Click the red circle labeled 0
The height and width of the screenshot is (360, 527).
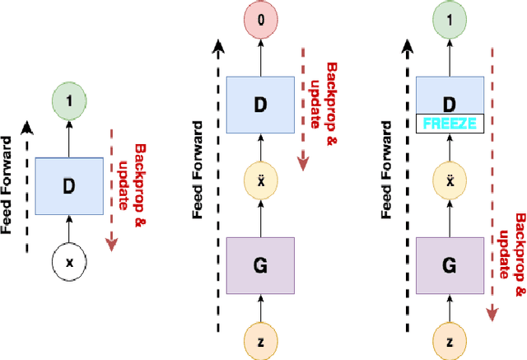pos(259,17)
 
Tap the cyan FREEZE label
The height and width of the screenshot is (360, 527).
pos(449,123)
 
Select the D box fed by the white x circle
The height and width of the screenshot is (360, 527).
pos(69,185)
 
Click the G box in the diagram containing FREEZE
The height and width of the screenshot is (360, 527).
pos(449,265)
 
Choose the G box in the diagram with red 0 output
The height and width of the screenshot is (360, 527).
pos(259,265)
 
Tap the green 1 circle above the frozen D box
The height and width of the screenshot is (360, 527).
pos(449,17)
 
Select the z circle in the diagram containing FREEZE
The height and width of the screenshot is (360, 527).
pos(449,340)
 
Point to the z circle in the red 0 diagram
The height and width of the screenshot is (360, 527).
pos(259,340)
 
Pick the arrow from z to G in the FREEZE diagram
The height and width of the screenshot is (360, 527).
pos(449,307)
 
